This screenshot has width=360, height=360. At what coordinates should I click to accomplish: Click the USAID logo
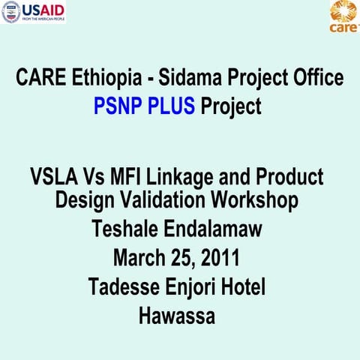[34, 12]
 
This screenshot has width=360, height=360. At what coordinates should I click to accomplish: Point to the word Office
[314, 77]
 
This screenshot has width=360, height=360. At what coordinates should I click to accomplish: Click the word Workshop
[256, 200]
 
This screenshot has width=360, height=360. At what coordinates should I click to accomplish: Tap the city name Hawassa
[177, 316]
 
